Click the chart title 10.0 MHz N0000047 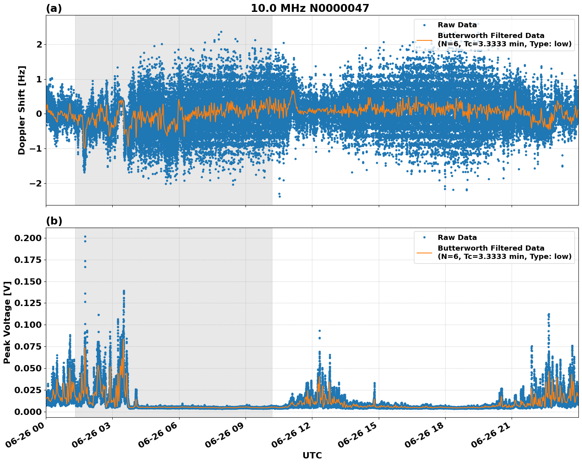pos(310,8)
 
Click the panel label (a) pos(54,8)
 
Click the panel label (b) pos(54,221)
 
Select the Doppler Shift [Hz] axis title pos(22,110)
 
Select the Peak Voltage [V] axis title pos(7,322)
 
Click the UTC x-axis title pos(312,455)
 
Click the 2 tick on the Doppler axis pos(39,44)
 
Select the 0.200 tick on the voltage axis pos(28,238)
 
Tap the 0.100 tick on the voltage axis pos(28,325)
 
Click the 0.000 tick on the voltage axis pos(28,412)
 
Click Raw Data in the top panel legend pos(457,25)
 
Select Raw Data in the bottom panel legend pos(457,238)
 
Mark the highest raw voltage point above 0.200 pos(85,236)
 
